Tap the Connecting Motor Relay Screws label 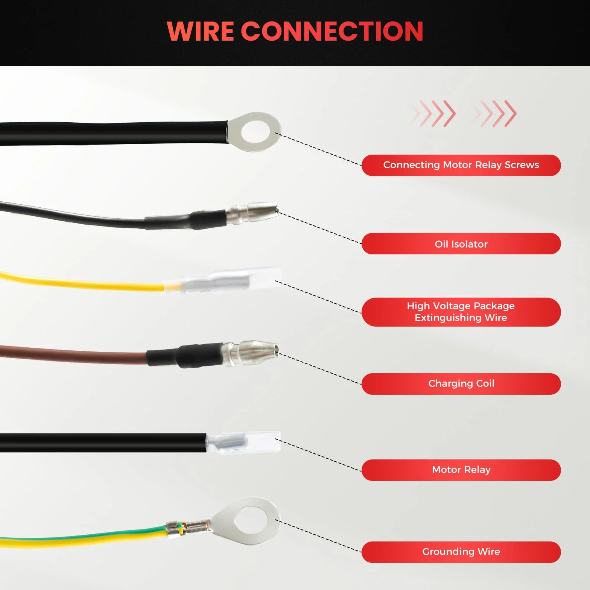pyautogui.click(x=461, y=165)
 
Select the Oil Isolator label pyautogui.click(x=461, y=244)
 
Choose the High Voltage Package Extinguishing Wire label pyautogui.click(x=461, y=312)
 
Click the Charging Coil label pyautogui.click(x=461, y=384)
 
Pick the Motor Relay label pyautogui.click(x=461, y=470)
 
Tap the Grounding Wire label pyautogui.click(x=461, y=552)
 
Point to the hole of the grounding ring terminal pyautogui.click(x=251, y=521)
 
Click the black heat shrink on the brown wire pyautogui.click(x=184, y=354)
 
